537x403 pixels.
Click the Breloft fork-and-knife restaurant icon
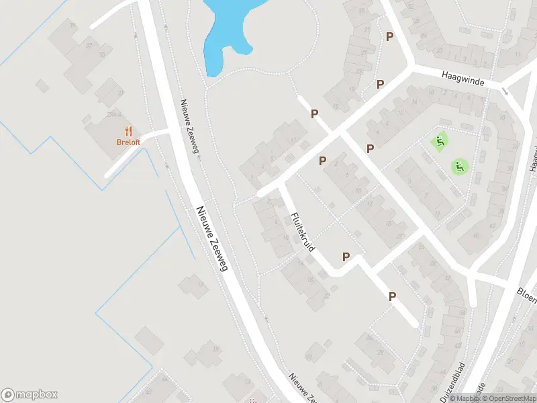coord(128,132)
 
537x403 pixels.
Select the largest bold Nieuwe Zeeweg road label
coord(212,238)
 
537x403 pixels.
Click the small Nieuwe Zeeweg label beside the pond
coord(189,126)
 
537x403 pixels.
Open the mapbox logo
coord(30,395)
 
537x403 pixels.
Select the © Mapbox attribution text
coord(464,398)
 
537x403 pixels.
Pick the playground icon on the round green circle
coord(460,166)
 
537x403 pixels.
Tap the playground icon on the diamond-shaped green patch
coord(440,141)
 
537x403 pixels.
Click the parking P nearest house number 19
coord(380,84)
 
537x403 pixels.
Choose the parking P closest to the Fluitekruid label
coord(322,161)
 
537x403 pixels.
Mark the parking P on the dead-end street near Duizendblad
coord(392,296)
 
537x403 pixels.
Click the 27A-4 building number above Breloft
coord(113,115)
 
